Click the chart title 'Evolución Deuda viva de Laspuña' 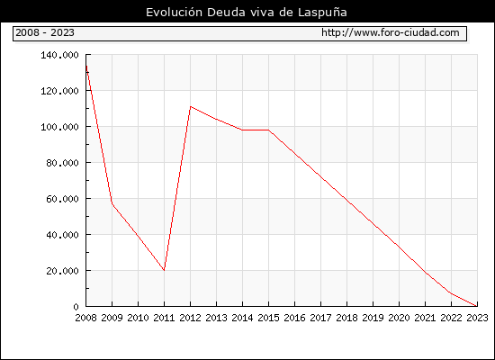(247, 13)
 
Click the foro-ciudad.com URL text (391, 32)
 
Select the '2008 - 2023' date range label (45, 32)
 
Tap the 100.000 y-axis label (59, 127)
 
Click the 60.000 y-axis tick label (62, 199)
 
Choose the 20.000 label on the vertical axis (62, 271)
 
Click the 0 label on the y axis (76, 307)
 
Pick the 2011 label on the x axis (164, 318)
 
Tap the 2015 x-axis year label (269, 318)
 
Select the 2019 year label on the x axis (373, 318)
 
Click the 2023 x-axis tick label (477, 318)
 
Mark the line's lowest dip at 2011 (164, 270)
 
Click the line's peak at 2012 (191, 106)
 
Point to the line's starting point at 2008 (86, 66)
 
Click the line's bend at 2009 (112, 203)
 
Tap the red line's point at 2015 (269, 130)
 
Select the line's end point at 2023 (477, 306)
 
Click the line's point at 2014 (242, 130)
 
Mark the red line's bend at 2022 (451, 293)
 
